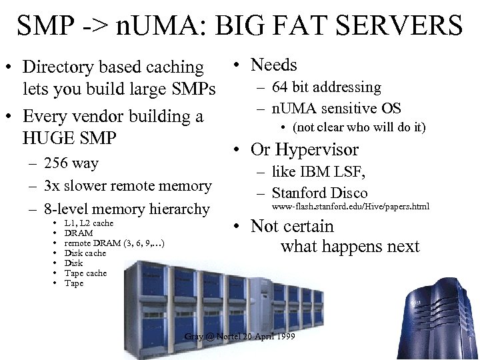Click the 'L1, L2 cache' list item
pyautogui.click(x=89, y=223)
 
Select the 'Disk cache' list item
pyautogui.click(x=85, y=253)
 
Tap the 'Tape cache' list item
pyautogui.click(x=85, y=273)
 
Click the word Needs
pyautogui.click(x=273, y=65)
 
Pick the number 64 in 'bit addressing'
pyautogui.click(x=279, y=87)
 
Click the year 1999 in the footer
pyautogui.click(x=284, y=335)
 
